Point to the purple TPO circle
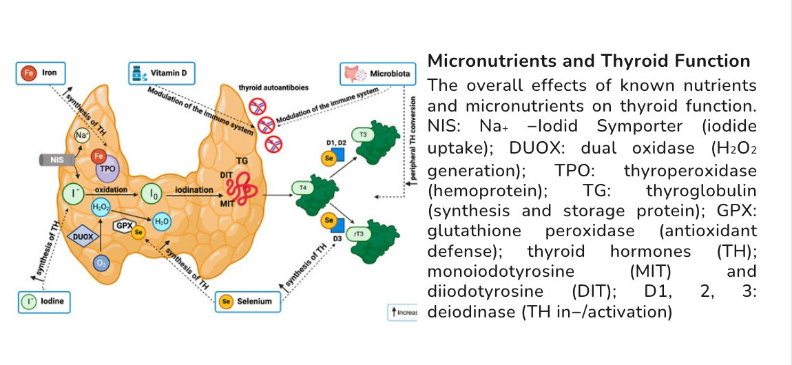click(105, 168)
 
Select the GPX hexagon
click(123, 225)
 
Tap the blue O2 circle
click(101, 262)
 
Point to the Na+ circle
click(83, 135)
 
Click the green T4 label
click(300, 187)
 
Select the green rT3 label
click(358, 233)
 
